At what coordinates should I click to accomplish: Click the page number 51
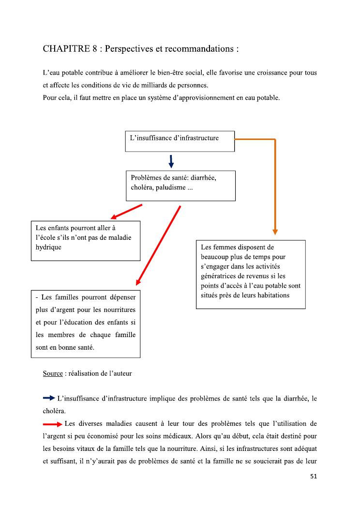[314, 476]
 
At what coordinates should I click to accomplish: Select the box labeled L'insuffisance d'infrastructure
[180, 141]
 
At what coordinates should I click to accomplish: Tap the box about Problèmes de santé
[180, 185]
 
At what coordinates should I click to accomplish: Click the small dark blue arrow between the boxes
[171, 161]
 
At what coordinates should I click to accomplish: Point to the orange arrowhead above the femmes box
[275, 231]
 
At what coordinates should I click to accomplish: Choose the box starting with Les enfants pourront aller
[86, 241]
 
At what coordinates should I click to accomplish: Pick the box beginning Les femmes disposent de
[251, 274]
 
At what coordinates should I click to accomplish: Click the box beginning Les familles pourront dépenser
[86, 324]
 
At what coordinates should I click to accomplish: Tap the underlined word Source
[53, 373]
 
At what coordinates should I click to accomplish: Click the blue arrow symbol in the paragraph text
[49, 398]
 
